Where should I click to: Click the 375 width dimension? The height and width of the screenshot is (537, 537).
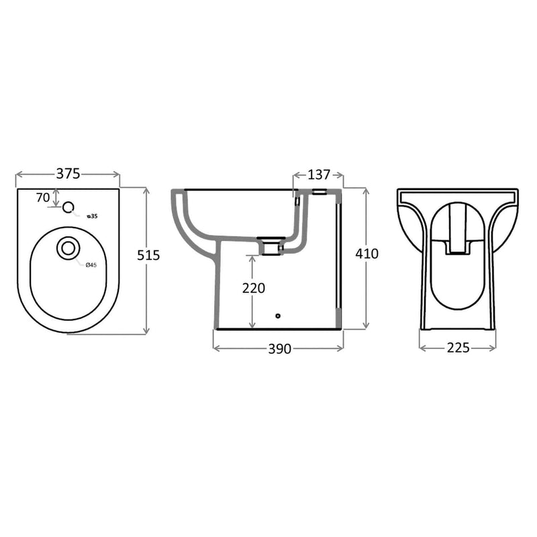68,174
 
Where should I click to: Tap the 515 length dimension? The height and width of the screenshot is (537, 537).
148,255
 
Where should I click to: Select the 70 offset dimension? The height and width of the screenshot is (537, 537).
43,197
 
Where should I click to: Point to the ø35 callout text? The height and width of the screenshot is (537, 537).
93,216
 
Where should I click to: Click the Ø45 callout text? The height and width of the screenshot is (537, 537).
91,264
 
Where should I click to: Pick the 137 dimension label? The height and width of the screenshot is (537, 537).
319,175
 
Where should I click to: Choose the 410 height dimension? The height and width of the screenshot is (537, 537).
367,254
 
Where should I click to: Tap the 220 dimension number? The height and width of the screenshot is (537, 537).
254,288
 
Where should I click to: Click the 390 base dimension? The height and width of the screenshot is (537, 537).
280,348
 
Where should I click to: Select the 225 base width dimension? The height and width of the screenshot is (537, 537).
458,348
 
